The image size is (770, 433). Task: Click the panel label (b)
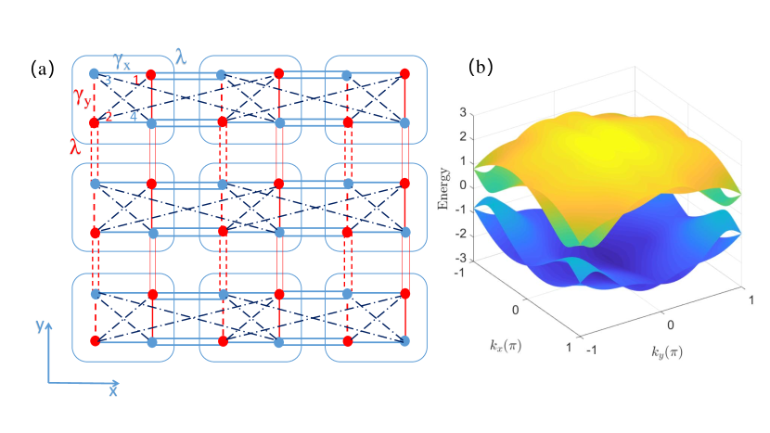[482, 67]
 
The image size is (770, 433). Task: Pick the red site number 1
[135, 83]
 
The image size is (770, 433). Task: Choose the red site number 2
[109, 116]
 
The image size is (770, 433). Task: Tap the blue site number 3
[107, 83]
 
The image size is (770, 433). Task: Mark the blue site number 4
[134, 116]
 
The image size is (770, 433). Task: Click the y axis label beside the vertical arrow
[36, 325]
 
